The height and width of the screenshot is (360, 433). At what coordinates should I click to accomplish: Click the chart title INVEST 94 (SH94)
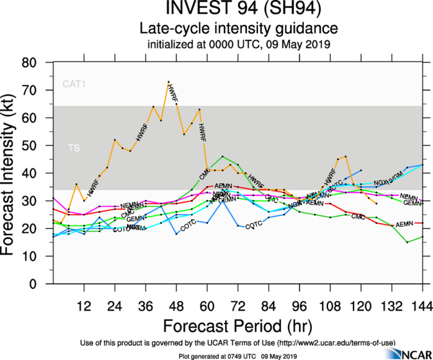tap(238, 10)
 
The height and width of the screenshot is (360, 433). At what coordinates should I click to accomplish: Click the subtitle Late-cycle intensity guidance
tap(238, 29)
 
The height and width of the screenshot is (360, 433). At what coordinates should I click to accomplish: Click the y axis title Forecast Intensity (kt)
tap(13, 173)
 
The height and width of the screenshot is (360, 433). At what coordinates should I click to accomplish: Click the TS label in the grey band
tap(73, 148)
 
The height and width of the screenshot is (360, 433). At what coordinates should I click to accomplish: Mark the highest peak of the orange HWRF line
tap(168, 82)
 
